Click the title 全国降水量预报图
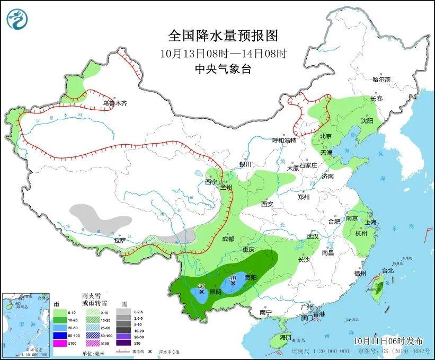pos(223,36)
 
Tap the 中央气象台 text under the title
pos(223,68)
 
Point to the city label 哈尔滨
pos(381,80)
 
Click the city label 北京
pos(325,136)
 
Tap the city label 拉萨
pos(120,241)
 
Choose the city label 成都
pos(228,239)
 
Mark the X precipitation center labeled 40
pos(233,284)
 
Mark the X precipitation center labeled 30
pos(201,292)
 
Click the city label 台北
pos(388,270)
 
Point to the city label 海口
pos(286,337)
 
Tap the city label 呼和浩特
pos(284,141)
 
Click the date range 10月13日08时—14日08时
pos(223,53)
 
